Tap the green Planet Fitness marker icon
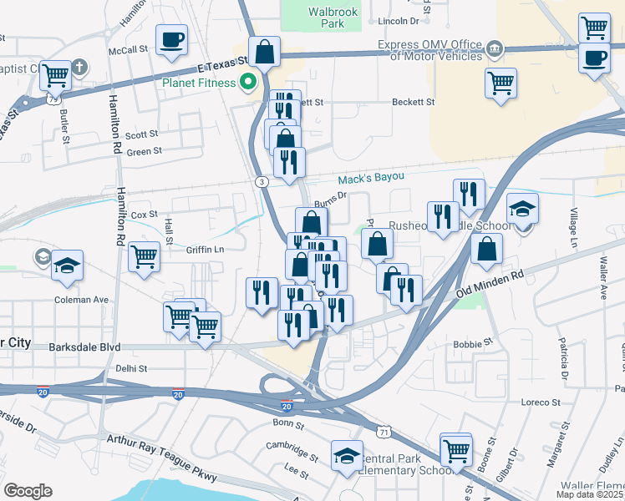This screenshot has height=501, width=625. coord(247,82)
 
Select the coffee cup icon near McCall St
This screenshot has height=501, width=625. coord(171,40)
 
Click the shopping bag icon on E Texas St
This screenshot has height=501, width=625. coord(264,52)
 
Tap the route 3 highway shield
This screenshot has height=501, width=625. coord(262,181)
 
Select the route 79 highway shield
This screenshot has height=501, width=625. coord(53,99)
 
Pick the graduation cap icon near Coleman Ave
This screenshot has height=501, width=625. coord(67,266)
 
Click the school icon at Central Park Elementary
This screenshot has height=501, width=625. coord(347,456)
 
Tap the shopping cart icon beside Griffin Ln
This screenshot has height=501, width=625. coord(145,257)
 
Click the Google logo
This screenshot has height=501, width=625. coord(28,491)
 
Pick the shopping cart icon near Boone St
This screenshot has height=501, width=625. coord(456,450)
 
